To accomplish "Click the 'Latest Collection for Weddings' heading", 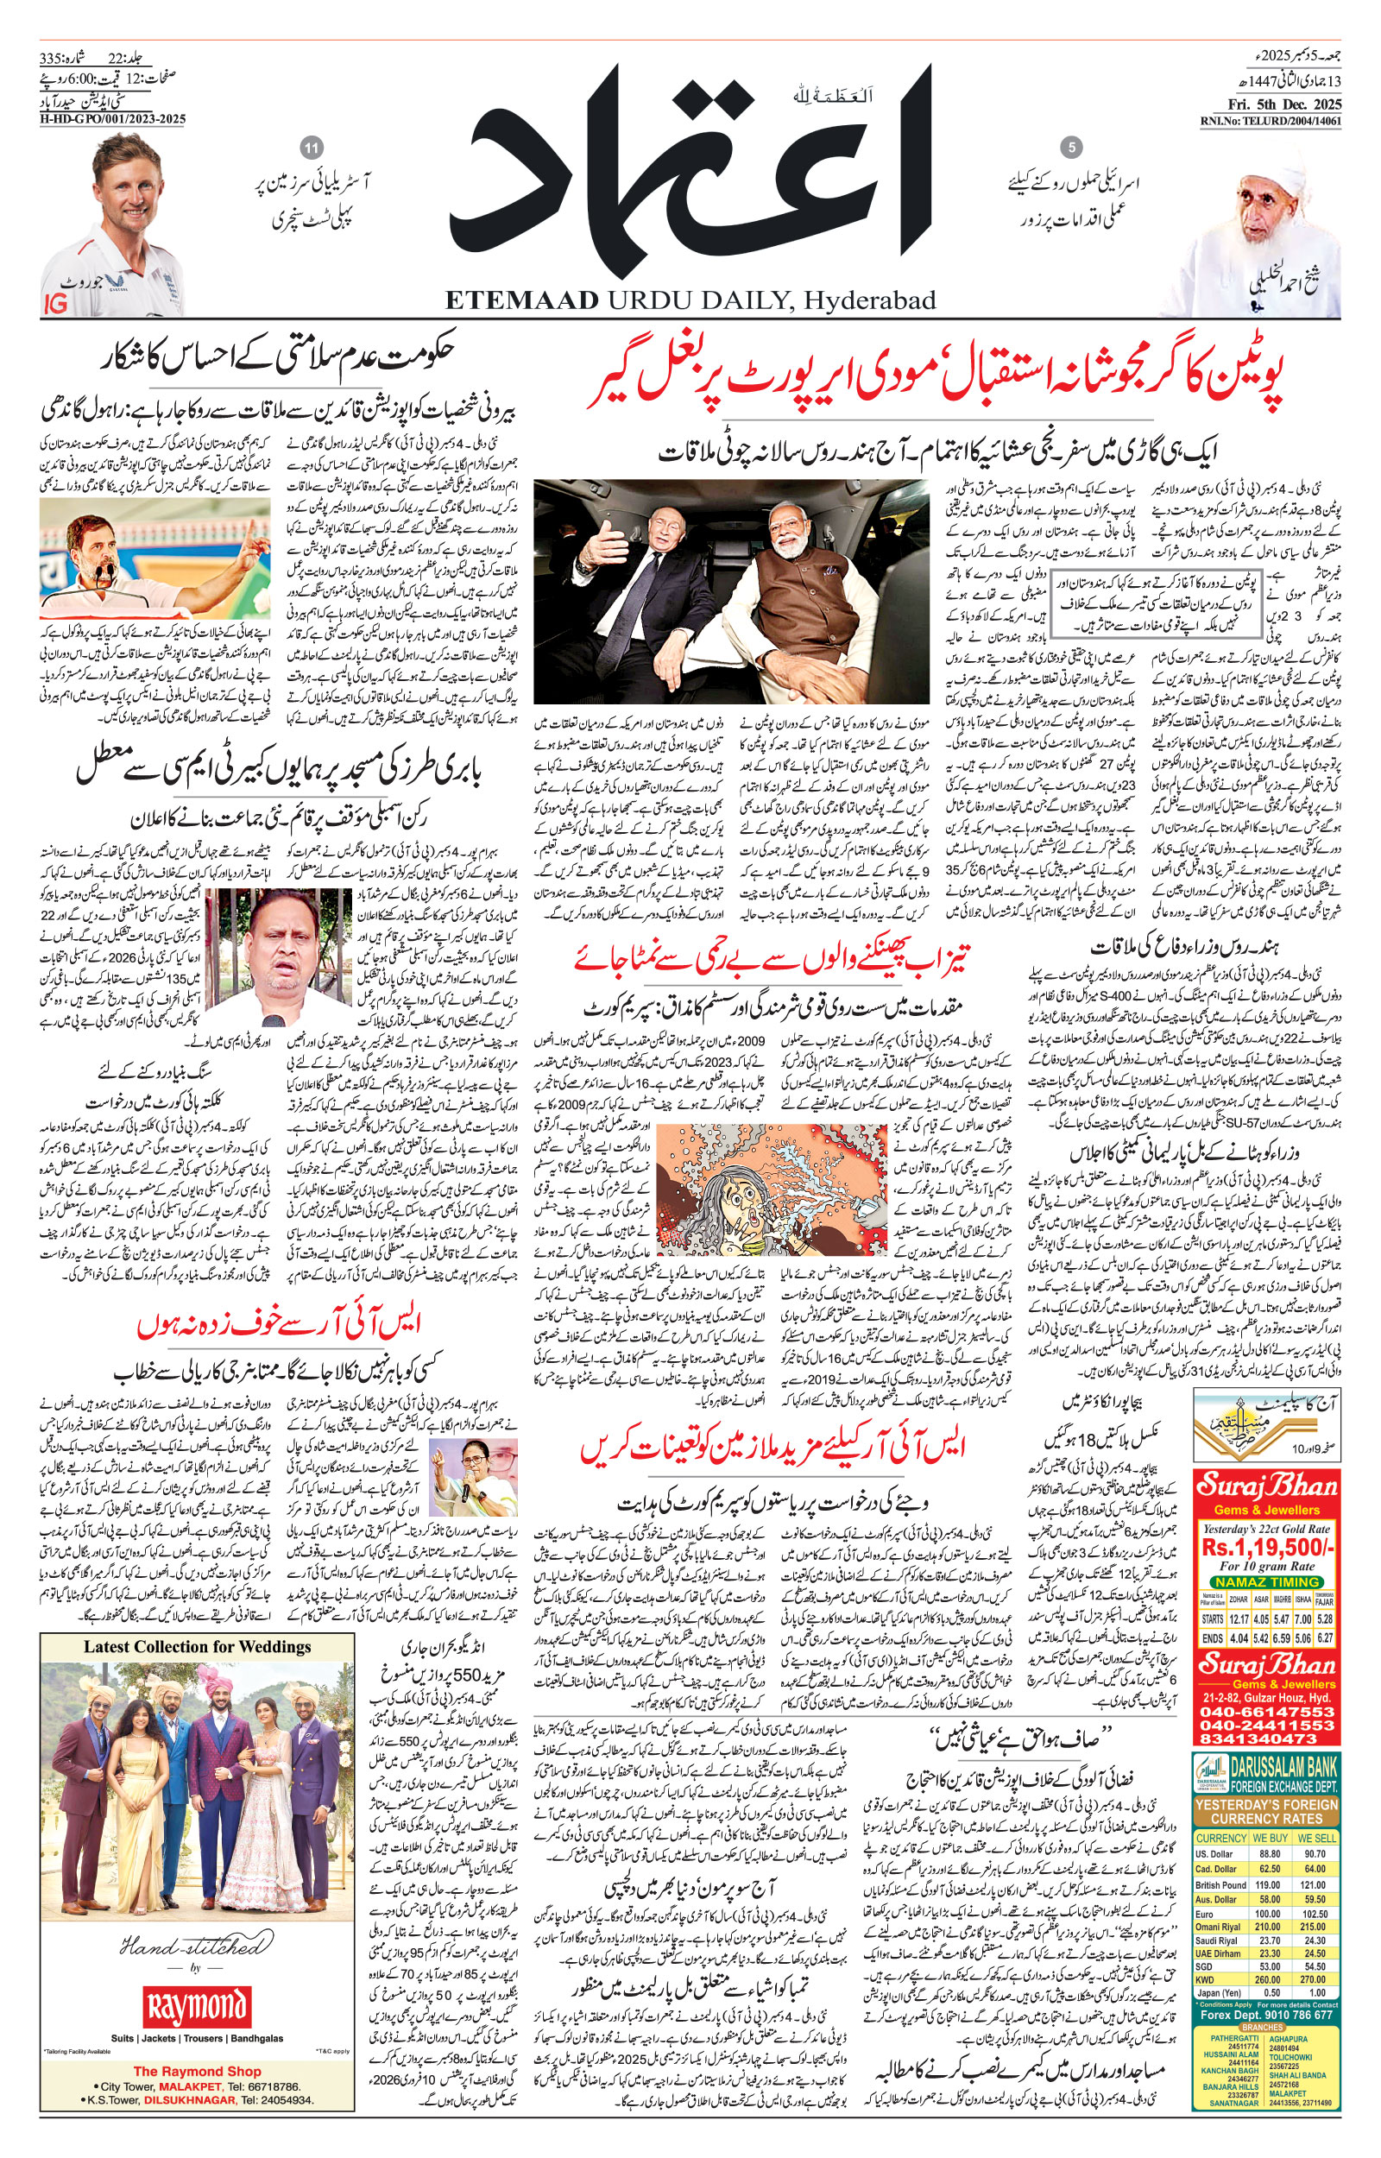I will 198,1646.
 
